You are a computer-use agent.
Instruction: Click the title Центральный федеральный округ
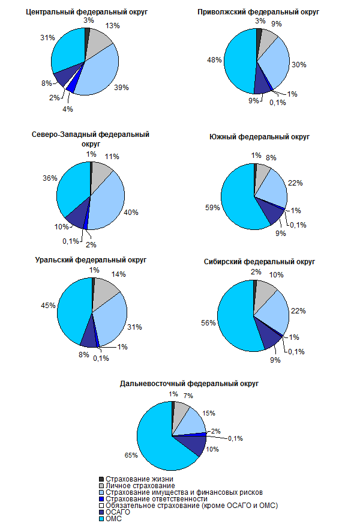point(91,11)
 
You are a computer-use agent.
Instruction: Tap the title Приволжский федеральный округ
point(259,11)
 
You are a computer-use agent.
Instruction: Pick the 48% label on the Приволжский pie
point(215,60)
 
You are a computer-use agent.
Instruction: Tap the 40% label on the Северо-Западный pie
point(131,212)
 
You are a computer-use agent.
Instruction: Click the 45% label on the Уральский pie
point(49,305)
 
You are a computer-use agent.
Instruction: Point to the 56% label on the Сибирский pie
point(209,322)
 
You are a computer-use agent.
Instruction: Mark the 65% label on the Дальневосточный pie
point(130,455)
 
